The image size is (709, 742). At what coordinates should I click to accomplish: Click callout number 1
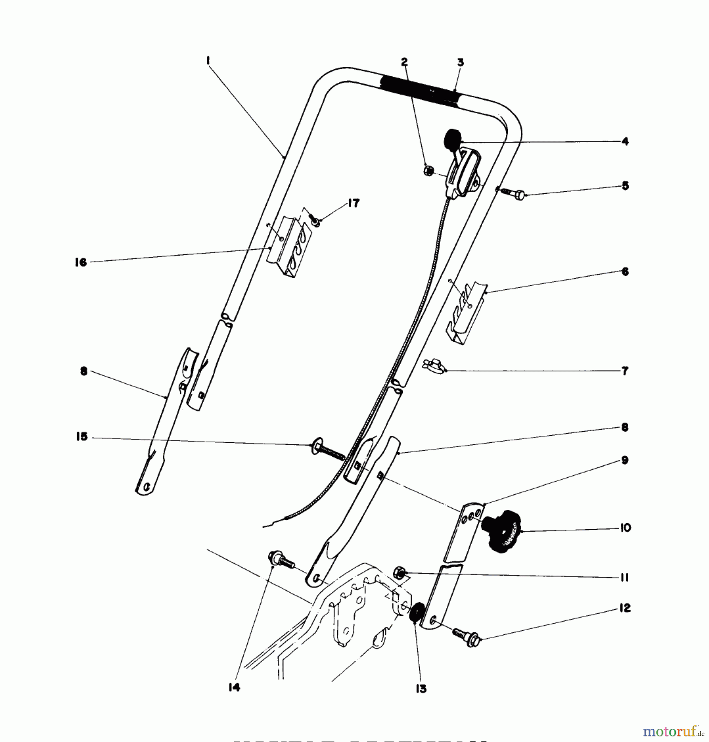[208, 61]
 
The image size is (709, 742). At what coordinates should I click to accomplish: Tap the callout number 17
[353, 203]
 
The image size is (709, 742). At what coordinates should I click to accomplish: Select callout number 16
[81, 262]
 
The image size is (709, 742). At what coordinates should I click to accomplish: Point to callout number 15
[82, 437]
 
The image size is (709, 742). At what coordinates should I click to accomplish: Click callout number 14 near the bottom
[234, 687]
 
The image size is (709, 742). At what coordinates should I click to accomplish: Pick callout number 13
[420, 688]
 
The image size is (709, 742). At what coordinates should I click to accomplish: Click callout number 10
[625, 528]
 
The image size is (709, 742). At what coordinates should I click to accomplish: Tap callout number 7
[625, 371]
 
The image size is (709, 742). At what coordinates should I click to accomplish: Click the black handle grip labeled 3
[420, 92]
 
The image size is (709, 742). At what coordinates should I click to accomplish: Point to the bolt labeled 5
[512, 193]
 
